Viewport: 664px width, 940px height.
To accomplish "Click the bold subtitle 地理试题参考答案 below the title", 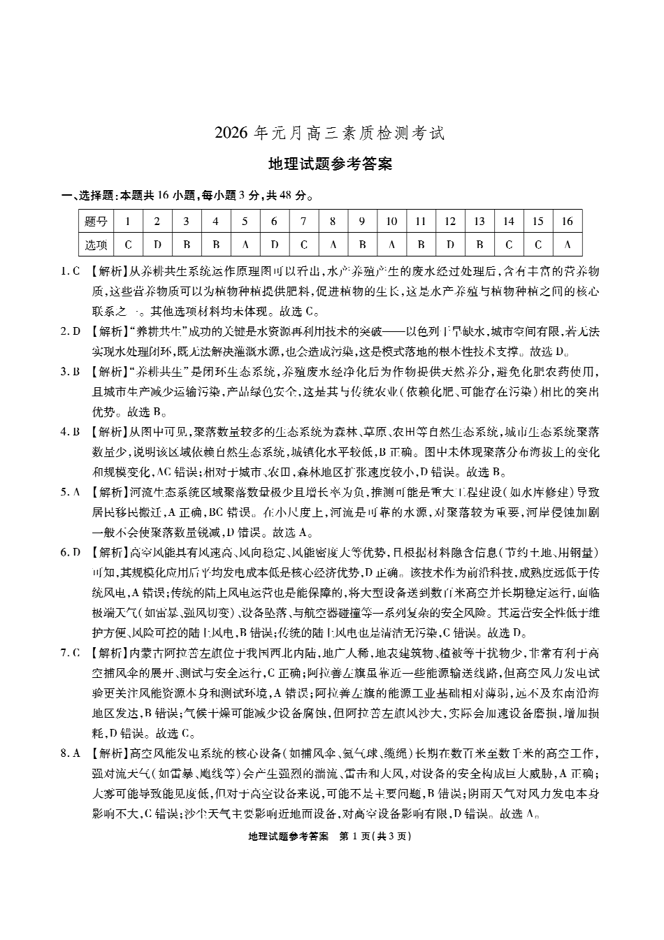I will [330, 164].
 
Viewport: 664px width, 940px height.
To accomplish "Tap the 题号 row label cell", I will [96, 222].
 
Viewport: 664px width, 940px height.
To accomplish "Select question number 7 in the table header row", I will [303, 222].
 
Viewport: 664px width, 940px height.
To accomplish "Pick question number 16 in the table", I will [567, 222].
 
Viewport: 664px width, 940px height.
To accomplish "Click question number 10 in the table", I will [391, 222].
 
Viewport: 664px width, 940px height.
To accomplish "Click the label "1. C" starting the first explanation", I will [71, 271].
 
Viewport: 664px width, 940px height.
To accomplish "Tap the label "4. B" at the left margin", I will [71, 432].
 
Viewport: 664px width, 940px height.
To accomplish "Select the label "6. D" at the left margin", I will [71, 553].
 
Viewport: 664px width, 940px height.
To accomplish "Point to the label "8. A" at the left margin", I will [71, 753].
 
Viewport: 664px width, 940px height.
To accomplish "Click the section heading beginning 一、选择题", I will [186, 196].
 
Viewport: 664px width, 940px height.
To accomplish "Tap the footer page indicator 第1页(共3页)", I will [375, 837].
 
